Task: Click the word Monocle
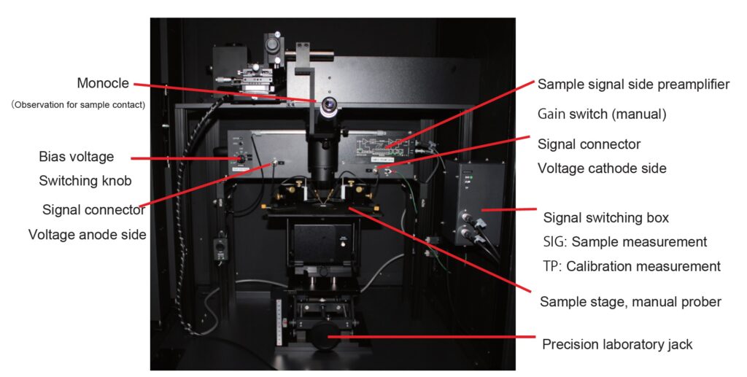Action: pyautogui.click(x=103, y=83)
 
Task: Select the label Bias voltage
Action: pyautogui.click(x=77, y=157)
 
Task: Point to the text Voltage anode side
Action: pyautogui.click(x=88, y=235)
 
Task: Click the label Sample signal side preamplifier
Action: pyautogui.click(x=634, y=85)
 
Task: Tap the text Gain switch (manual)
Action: pyautogui.click(x=602, y=114)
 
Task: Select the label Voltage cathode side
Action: pyautogui.click(x=602, y=168)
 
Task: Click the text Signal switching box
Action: pyautogui.click(x=606, y=217)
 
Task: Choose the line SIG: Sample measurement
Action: pyautogui.click(x=625, y=242)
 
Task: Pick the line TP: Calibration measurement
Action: pyautogui.click(x=632, y=266)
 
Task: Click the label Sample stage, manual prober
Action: pyautogui.click(x=630, y=302)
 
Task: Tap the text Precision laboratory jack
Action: pyautogui.click(x=617, y=344)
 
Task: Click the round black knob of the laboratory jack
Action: pyautogui.click(x=325, y=336)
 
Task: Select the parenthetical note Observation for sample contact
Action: pyautogui.click(x=78, y=105)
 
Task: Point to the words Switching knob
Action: pyautogui.click(x=85, y=181)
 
